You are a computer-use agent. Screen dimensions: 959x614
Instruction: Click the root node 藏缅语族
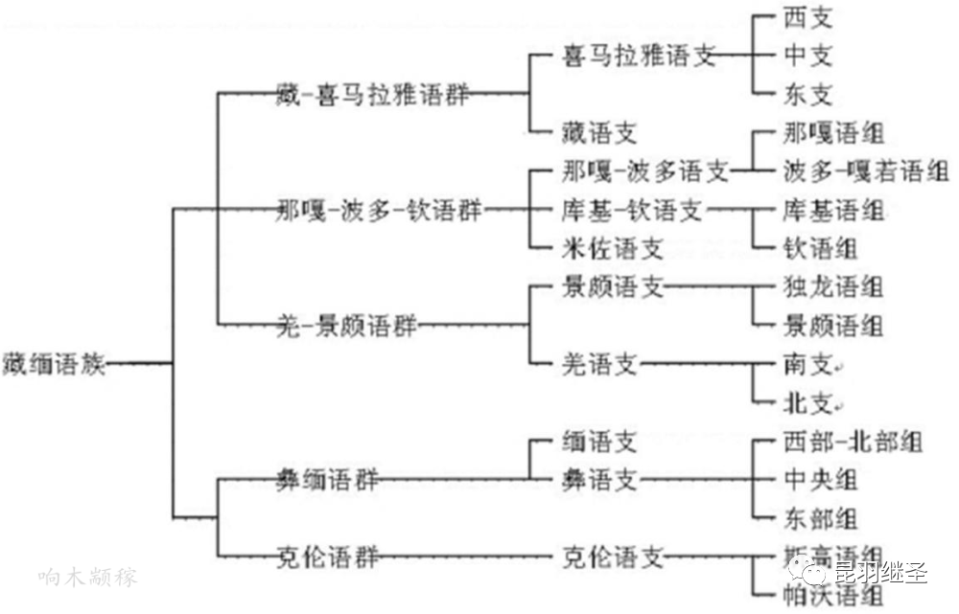[x=56, y=364]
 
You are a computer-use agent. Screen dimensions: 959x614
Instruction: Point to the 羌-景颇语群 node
[x=346, y=326]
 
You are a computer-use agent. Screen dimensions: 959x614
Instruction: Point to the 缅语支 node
[x=599, y=442]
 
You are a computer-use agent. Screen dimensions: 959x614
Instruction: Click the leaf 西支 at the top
[x=807, y=17]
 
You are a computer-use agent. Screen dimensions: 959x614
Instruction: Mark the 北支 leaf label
[x=807, y=402]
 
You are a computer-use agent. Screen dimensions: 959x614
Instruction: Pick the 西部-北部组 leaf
[x=853, y=442]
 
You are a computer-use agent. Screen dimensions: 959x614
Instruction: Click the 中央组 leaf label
[x=820, y=480]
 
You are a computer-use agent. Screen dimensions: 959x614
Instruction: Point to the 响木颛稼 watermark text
[x=89, y=578]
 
